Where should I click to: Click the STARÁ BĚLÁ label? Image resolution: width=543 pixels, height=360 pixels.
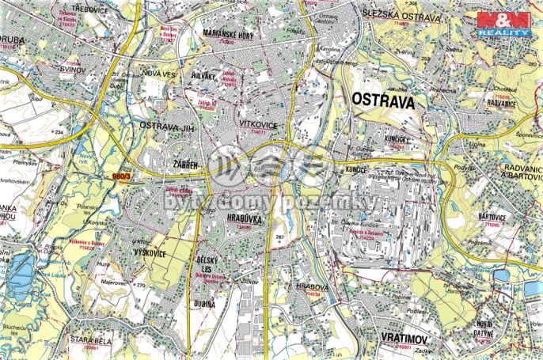pos(89,339)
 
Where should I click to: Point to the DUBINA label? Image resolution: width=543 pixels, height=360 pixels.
pos(204,302)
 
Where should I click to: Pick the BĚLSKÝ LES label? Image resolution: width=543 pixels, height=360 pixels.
pos(207,265)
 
